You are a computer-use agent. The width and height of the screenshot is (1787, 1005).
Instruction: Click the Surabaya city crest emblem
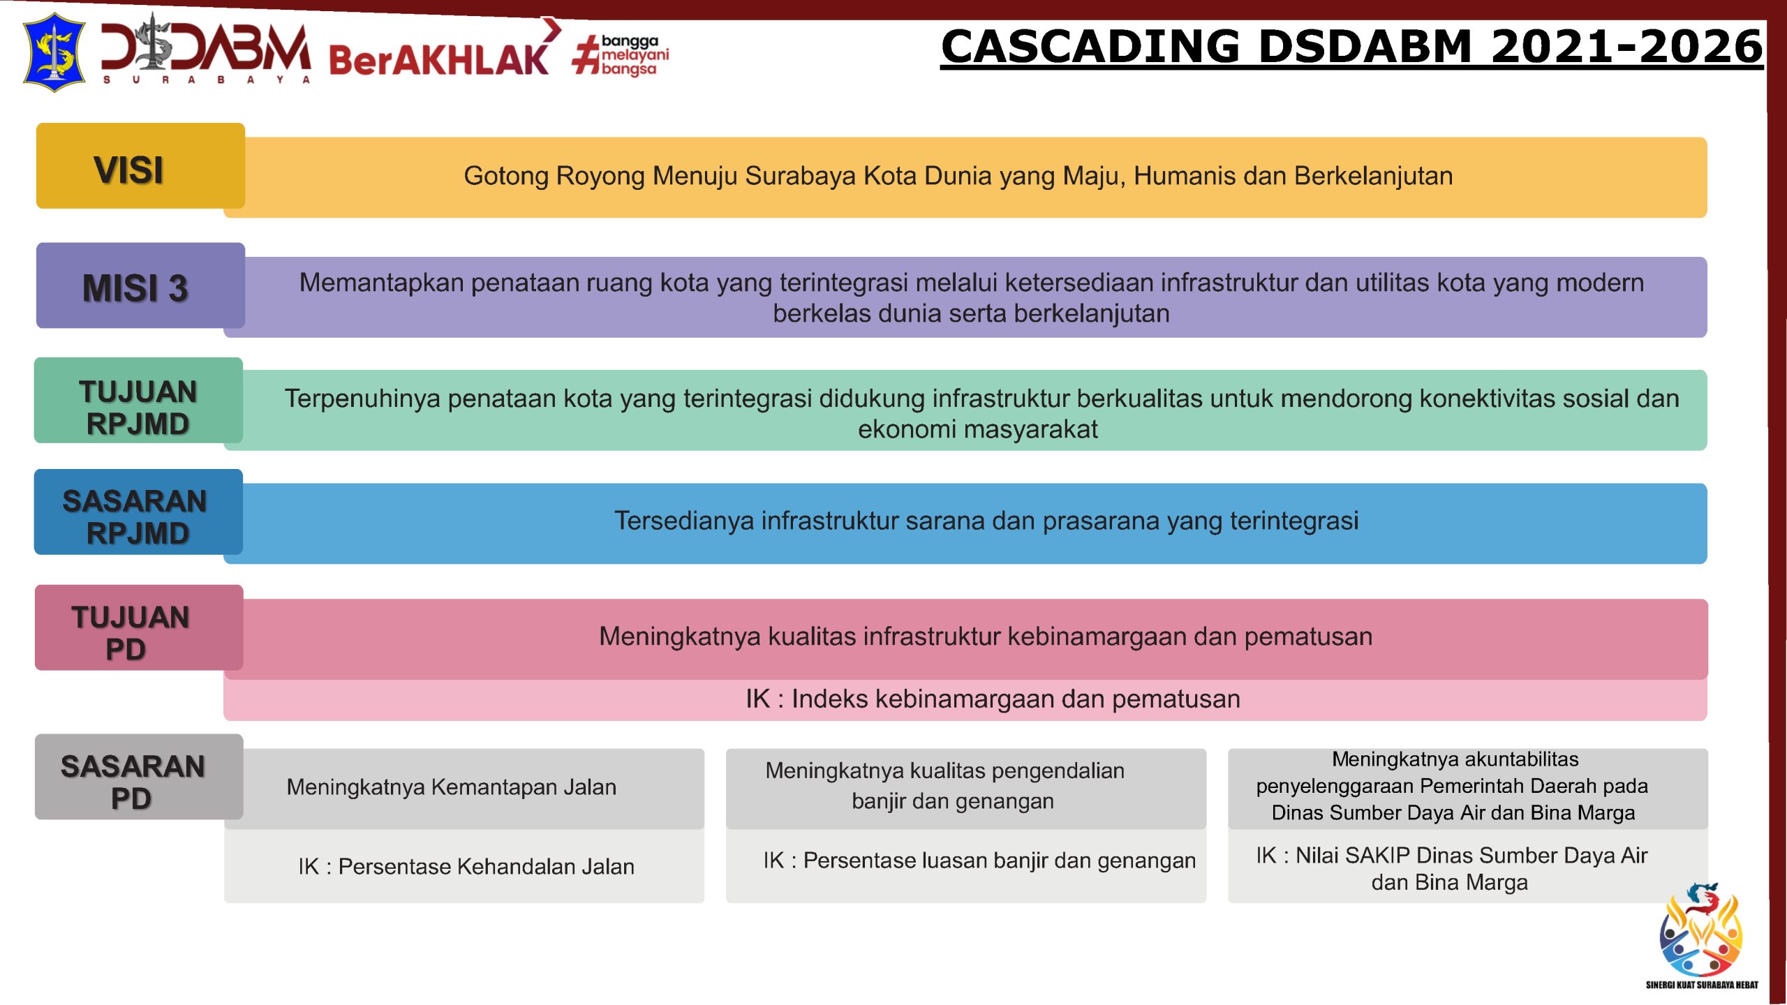tap(54, 52)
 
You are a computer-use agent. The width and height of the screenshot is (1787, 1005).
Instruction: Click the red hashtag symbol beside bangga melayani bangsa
tap(586, 55)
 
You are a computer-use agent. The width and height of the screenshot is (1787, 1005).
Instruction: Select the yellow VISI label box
tap(140, 166)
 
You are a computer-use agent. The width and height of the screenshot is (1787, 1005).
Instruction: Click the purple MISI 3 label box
tap(140, 285)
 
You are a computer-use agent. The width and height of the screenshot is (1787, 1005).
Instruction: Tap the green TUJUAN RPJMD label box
tap(138, 401)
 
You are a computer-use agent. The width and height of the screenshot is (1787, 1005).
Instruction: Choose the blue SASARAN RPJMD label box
tap(138, 512)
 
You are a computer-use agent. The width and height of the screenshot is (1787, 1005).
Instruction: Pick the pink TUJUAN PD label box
tap(139, 628)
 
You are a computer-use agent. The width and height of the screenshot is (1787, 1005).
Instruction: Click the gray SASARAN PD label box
tap(139, 777)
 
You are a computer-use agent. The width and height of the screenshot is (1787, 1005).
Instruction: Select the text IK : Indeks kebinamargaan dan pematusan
tap(993, 699)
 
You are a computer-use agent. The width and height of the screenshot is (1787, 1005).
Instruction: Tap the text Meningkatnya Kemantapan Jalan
tap(452, 787)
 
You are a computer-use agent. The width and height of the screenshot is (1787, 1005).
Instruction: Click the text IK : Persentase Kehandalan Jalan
tap(466, 867)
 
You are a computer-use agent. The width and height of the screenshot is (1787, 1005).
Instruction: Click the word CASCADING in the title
tap(1090, 46)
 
